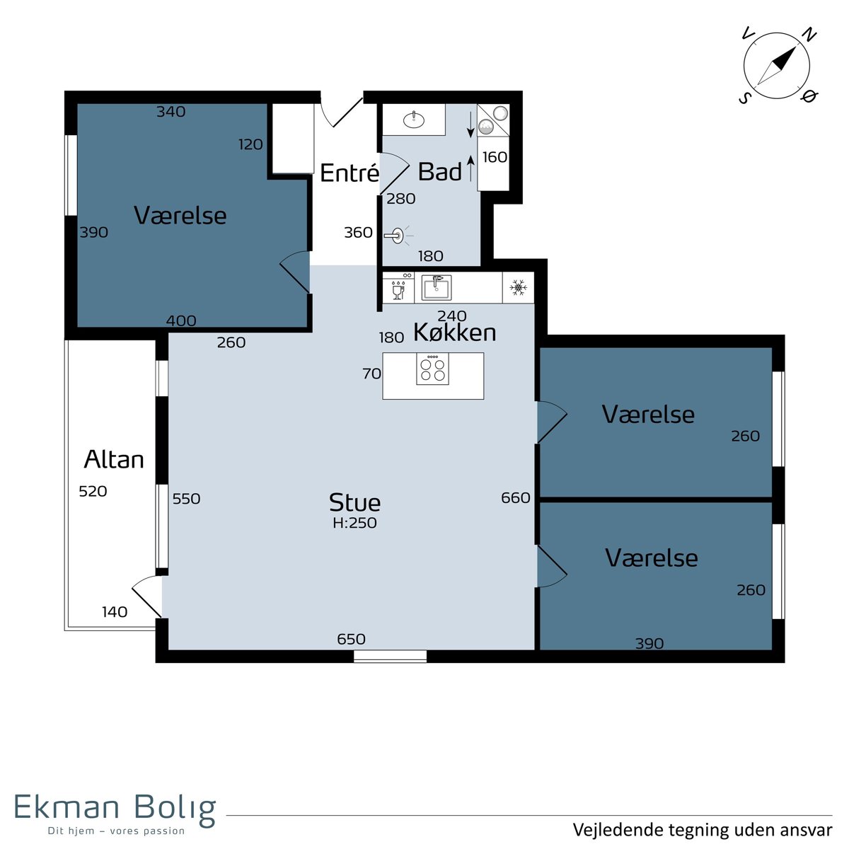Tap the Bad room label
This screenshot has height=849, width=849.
tap(439, 171)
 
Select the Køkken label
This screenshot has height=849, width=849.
tap(455, 333)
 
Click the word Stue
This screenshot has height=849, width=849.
tap(354, 502)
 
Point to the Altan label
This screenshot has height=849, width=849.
tap(114, 460)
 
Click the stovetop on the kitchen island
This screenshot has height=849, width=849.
tap(433, 369)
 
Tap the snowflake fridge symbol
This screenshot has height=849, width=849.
tap(518, 288)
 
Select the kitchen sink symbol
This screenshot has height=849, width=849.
tap(437, 288)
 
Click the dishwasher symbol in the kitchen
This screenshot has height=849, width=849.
tap(398, 288)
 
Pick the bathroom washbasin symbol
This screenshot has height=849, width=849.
tap(414, 119)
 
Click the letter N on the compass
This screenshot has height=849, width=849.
tap(810, 35)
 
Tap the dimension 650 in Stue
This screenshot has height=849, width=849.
tap(351, 639)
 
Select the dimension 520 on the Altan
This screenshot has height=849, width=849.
tap(93, 491)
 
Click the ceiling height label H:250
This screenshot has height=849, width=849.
tap(354, 523)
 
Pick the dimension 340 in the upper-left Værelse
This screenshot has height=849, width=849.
tap(171, 112)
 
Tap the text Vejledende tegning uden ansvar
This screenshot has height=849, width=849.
tap(703, 830)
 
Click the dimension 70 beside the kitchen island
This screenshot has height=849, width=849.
tap(371, 374)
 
